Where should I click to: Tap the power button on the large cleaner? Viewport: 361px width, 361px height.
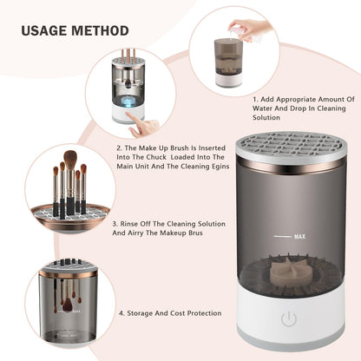(x=287, y=319)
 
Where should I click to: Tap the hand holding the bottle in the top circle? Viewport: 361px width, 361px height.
(x=246, y=28)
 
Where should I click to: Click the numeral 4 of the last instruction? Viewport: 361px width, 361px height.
(x=121, y=312)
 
